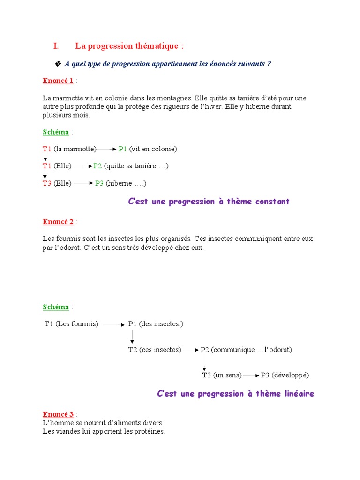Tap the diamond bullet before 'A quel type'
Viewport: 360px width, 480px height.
pyautogui.click(x=58, y=64)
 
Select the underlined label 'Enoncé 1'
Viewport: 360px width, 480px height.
pyautogui.click(x=58, y=81)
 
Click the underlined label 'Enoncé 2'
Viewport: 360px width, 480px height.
pyautogui.click(x=58, y=222)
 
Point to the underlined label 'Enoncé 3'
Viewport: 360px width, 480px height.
pyautogui.click(x=58, y=414)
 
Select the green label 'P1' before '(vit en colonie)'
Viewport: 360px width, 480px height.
pyautogui.click(x=123, y=149)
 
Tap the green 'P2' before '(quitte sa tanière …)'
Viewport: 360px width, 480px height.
pyautogui.click(x=97, y=166)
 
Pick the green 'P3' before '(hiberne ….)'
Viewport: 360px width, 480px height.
pyautogui.click(x=99, y=183)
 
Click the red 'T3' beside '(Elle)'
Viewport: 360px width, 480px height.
pyautogui.click(x=47, y=183)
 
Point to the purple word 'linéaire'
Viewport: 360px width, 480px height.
pyautogui.click(x=297, y=394)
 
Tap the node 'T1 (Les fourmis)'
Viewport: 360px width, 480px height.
pyautogui.click(x=72, y=324)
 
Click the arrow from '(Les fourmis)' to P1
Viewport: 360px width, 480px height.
pyautogui.click(x=114, y=324)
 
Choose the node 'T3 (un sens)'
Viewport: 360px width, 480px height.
pyautogui.click(x=222, y=375)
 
